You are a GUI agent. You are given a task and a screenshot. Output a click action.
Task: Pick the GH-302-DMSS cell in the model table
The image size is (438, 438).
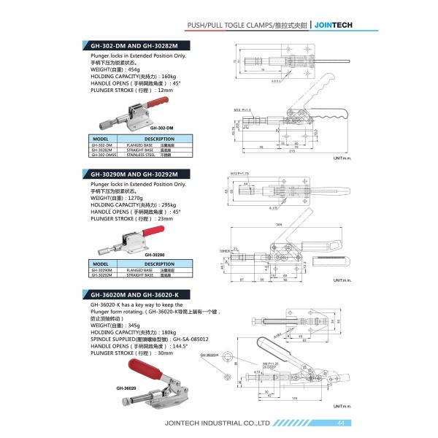(x=103, y=155)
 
